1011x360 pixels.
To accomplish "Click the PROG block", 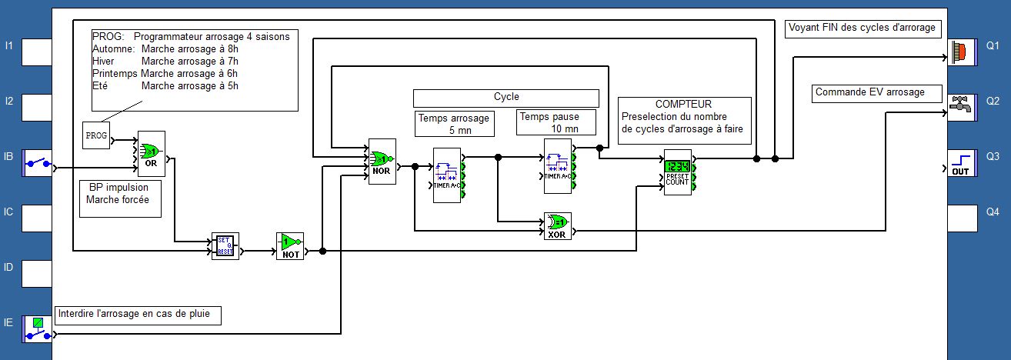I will point(96,135).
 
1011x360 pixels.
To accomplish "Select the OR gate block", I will point(152,153).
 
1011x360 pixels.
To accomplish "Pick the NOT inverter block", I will point(290,245).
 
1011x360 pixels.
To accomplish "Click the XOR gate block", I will point(557,225).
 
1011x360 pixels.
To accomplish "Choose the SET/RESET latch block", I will point(225,246).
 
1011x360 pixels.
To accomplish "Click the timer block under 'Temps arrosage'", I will point(447,170).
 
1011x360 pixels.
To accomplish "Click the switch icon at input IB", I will point(37,163).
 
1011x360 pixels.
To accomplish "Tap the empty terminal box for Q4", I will point(961,218).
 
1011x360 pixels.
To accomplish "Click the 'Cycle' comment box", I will point(506,98).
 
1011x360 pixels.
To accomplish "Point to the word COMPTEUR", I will point(683,104).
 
